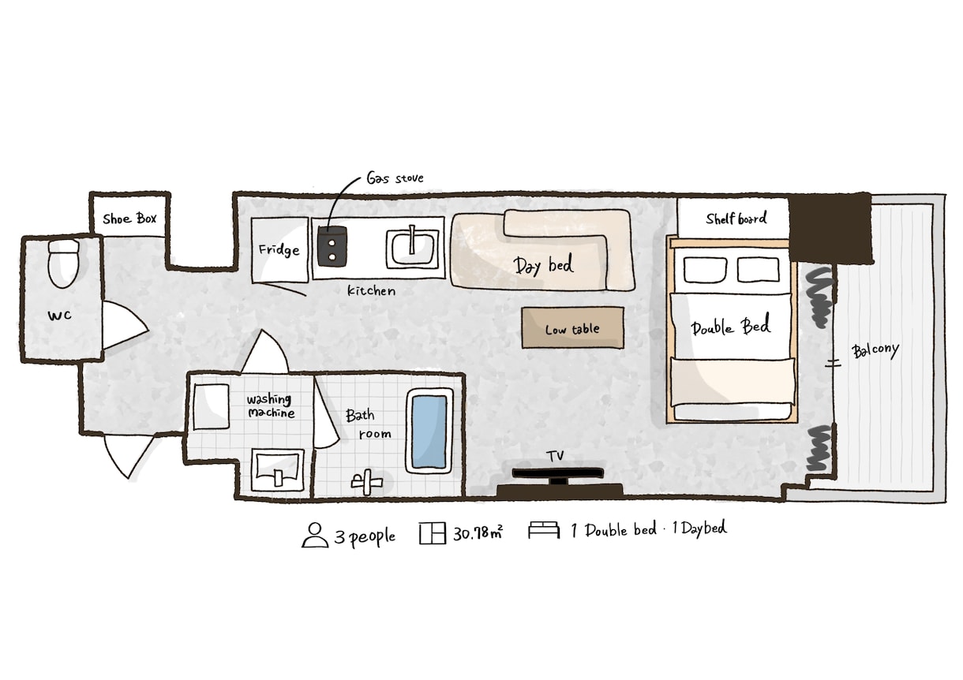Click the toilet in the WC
(x=64, y=263)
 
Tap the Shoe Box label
(x=129, y=219)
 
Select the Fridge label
(x=279, y=250)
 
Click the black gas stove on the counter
(x=332, y=247)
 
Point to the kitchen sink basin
(x=412, y=249)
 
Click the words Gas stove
(x=395, y=177)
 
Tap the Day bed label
(x=543, y=265)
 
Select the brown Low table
(x=572, y=327)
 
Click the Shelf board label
(x=736, y=219)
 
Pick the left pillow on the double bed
(x=705, y=270)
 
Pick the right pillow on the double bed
(x=758, y=269)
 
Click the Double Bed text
(x=731, y=327)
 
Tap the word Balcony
(x=875, y=351)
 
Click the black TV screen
(x=557, y=473)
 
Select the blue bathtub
(x=429, y=432)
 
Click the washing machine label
(x=271, y=406)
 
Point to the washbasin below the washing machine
(x=278, y=469)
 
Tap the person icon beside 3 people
(x=315, y=535)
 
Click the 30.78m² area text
(x=478, y=533)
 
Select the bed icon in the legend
(x=544, y=530)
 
